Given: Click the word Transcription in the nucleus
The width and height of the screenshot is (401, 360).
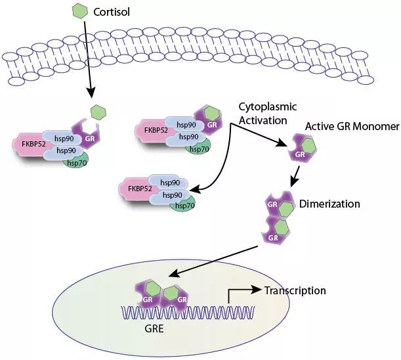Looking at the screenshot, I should (295, 290).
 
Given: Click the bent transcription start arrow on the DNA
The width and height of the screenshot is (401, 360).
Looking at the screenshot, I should (236, 294).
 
